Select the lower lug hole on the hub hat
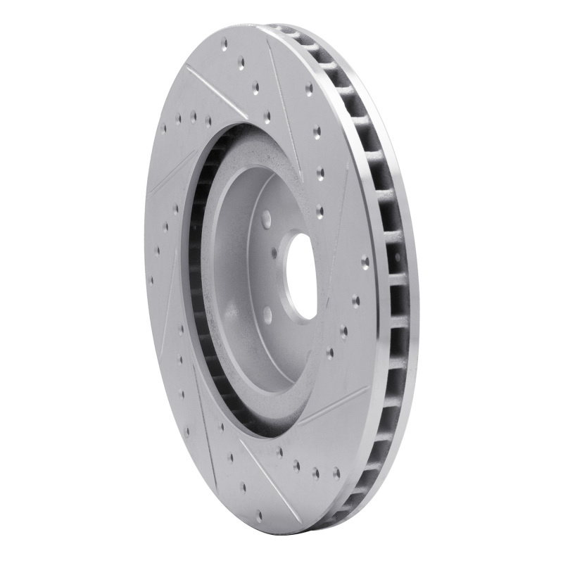267,314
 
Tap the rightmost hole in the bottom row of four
336,473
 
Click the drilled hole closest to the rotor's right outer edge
365,261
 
